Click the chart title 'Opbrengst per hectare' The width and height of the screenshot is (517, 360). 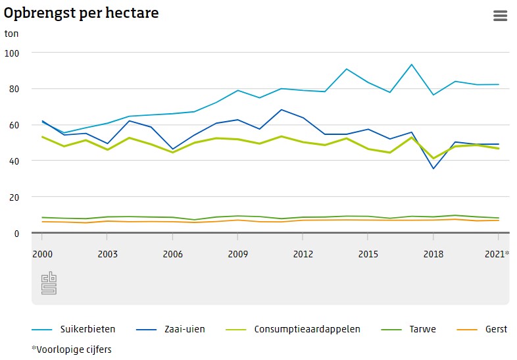[x=82, y=13]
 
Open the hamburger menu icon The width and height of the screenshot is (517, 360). [x=501, y=16]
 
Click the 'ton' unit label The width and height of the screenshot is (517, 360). [x=12, y=33]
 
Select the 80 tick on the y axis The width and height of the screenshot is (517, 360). [x=14, y=89]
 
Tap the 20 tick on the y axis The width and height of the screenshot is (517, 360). [x=14, y=197]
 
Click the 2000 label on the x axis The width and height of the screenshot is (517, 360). [x=43, y=254]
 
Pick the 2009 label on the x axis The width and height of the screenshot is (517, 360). [x=237, y=254]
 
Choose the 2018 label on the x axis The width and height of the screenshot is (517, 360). [x=433, y=254]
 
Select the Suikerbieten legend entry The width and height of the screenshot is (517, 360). [x=87, y=329]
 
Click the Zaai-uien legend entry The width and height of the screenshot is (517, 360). [x=185, y=329]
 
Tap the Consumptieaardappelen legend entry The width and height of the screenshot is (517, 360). [x=307, y=329]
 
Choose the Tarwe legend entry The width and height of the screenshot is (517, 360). [x=421, y=329]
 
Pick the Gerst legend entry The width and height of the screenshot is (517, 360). [x=496, y=329]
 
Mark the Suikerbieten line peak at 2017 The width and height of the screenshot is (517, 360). [x=411, y=64]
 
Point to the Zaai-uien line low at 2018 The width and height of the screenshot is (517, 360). [x=433, y=168]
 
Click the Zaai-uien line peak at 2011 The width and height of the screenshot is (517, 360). [x=281, y=110]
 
